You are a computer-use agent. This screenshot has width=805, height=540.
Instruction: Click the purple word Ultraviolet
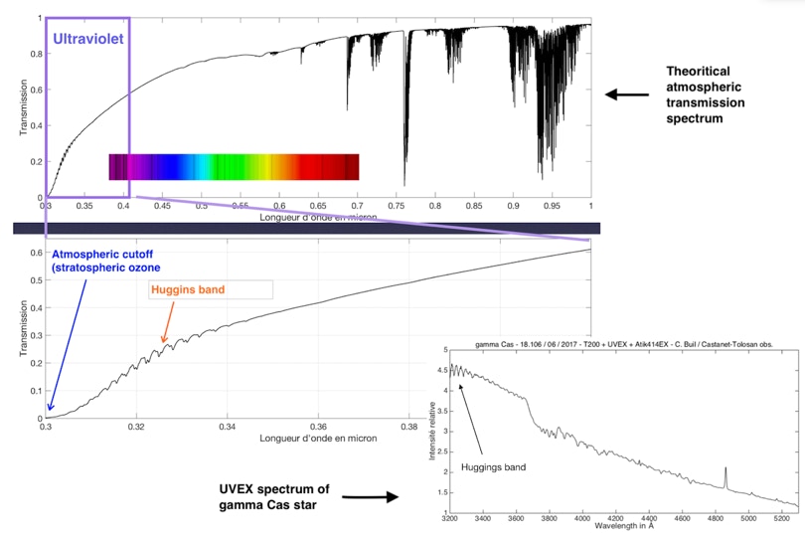pos(88,41)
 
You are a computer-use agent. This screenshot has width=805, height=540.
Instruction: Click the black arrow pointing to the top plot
pos(625,94)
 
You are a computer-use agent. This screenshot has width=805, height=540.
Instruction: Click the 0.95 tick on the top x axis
pos(553,206)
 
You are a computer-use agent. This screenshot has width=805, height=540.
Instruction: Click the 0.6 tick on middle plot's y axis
pos(36,253)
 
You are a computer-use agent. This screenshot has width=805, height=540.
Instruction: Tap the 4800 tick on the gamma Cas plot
pos(716,518)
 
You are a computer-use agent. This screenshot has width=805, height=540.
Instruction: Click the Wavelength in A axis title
pos(624,529)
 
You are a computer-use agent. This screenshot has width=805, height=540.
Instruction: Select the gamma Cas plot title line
pos(624,343)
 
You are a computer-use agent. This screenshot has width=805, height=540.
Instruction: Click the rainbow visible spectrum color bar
pos(234,167)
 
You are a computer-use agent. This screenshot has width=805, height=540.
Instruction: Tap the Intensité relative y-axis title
pos(431,428)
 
